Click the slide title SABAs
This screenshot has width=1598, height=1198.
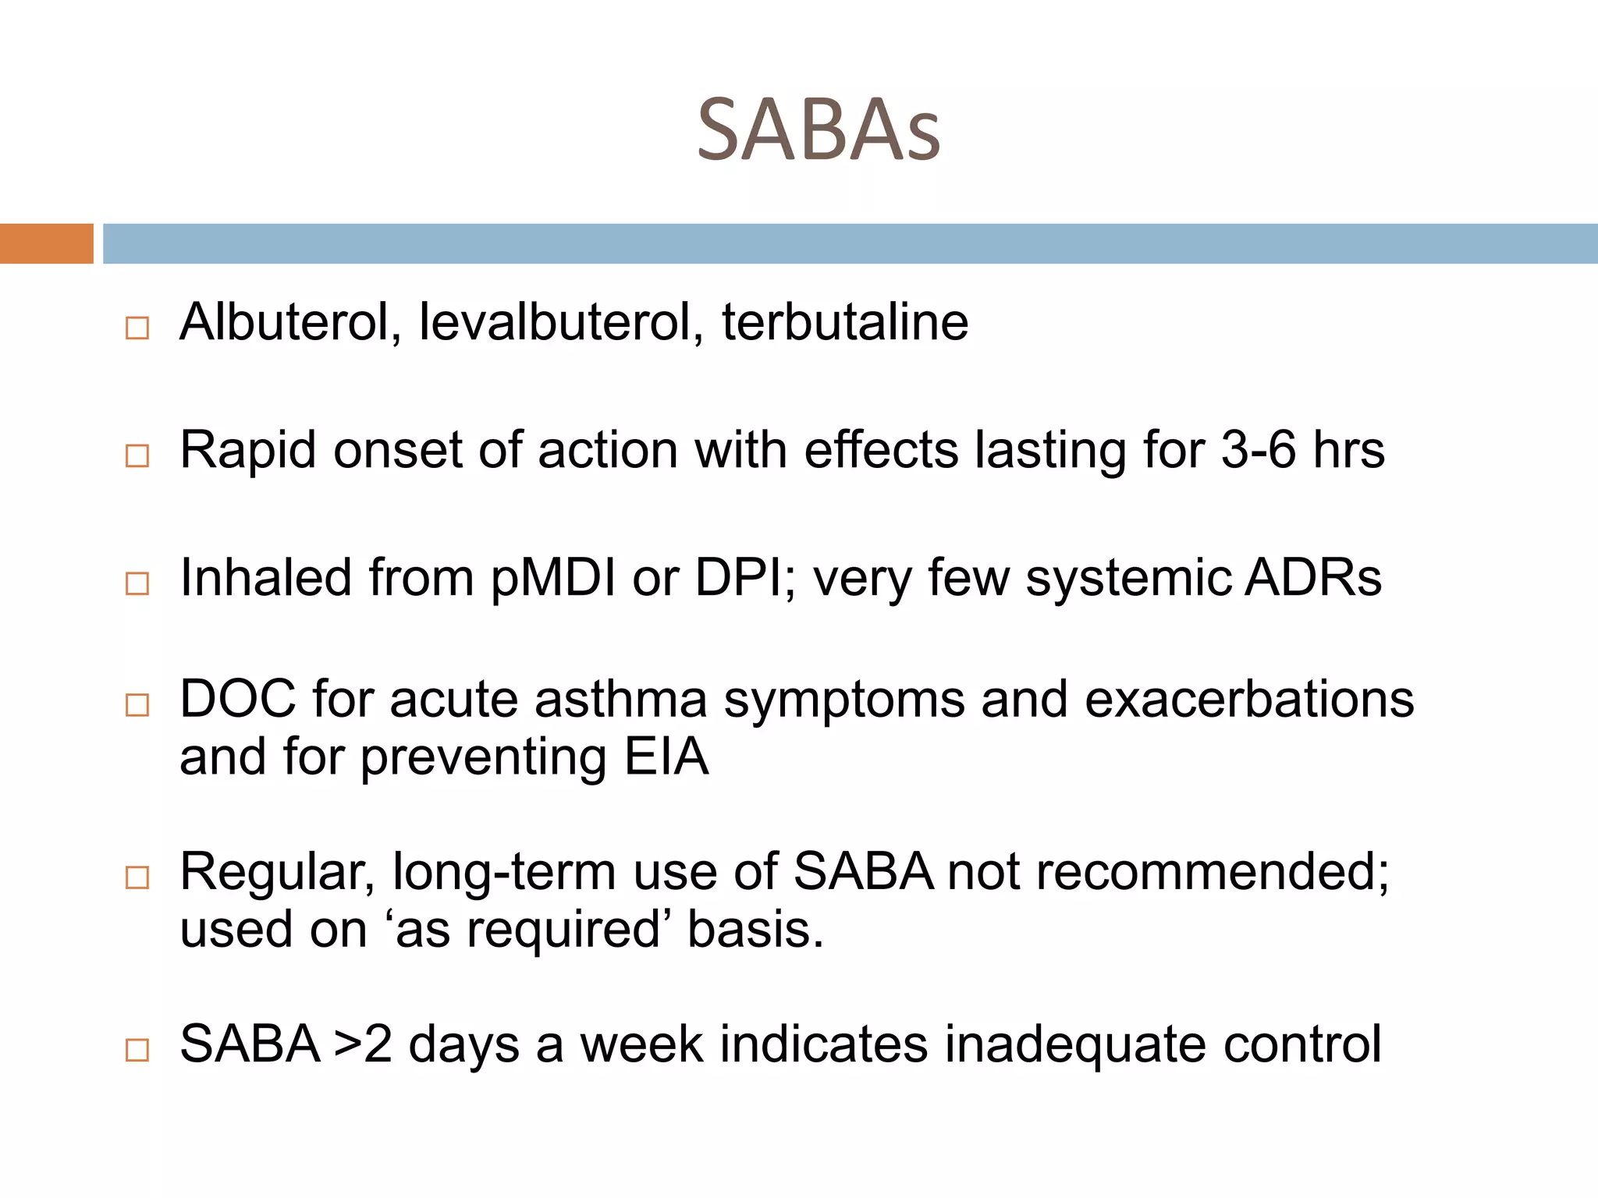[819, 130]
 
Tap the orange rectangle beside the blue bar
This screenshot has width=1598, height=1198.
[46, 243]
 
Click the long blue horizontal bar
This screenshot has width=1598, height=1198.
[850, 243]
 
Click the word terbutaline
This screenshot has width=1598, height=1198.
[845, 321]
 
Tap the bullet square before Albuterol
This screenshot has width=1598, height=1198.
[137, 328]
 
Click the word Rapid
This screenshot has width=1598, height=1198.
[248, 450]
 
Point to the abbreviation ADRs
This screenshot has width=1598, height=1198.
[1313, 578]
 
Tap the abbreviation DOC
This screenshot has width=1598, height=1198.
[238, 698]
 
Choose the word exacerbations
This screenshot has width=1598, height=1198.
[1249, 698]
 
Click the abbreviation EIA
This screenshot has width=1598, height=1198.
[667, 757]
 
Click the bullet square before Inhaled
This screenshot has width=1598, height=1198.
[137, 583]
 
